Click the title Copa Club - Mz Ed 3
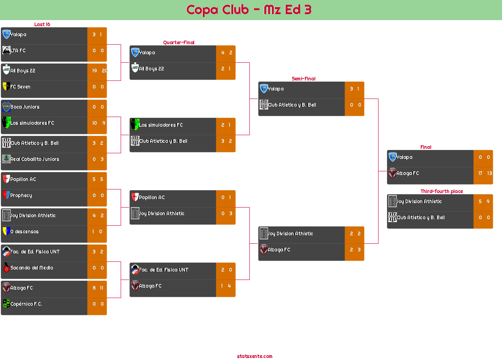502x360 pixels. pos(249,10)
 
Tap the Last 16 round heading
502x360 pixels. pos(42,25)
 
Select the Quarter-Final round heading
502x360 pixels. pos(179,42)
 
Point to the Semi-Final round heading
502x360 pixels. pos(303,79)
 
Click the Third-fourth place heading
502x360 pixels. pos(442,191)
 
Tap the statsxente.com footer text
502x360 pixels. pos(255,356)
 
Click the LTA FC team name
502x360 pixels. pos(18,50)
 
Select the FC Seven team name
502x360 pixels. pos(20,87)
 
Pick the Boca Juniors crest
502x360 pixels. pos(6,107)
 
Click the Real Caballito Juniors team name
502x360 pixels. pos(35,159)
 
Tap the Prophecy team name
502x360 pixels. pos(21,195)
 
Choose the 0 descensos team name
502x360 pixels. pos(25,232)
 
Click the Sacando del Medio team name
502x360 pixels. pos(32,267)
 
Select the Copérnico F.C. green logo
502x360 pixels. pos(6,304)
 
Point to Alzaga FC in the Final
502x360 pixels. pos(407,173)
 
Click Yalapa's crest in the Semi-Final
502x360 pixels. pos(264,88)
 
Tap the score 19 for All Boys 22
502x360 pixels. pos(95,71)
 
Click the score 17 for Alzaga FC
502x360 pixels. pos(480,173)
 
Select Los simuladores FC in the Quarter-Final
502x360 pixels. pos(160,125)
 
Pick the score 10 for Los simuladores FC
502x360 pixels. pos(95,123)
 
